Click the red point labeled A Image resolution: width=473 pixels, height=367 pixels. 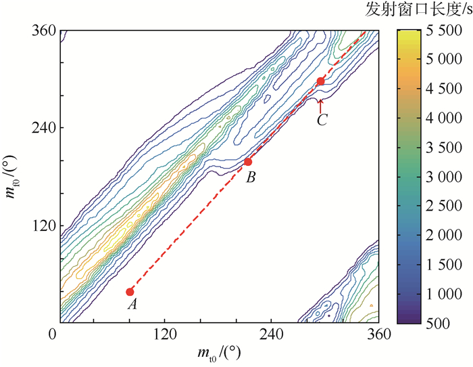click(130, 291)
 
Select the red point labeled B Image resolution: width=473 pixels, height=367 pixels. click(248, 161)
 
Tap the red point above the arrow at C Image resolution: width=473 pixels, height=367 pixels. click(321, 81)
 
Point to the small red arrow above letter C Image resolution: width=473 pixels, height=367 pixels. click(321, 104)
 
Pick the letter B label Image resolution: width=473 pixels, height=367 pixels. click(251, 179)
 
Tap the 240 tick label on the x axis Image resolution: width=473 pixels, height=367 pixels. click(272, 334)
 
